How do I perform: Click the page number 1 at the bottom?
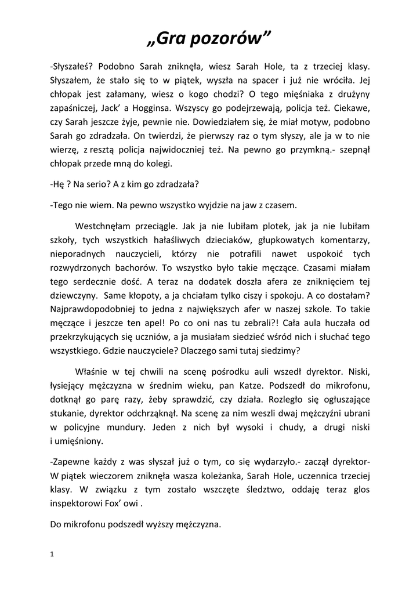(52, 555)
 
